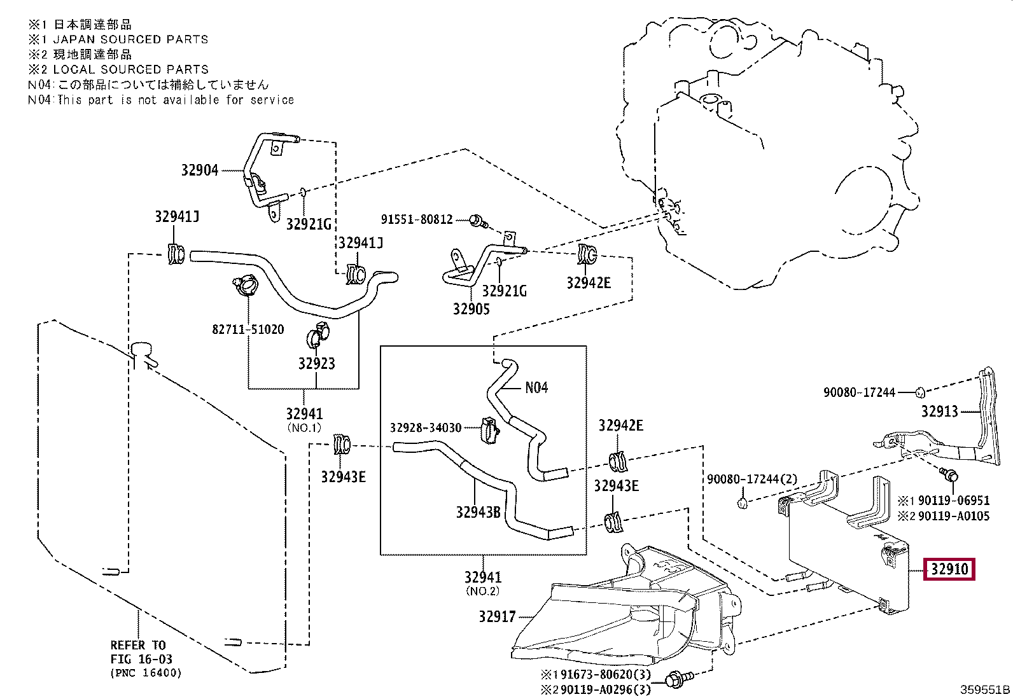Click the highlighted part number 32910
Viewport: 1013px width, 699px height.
pyautogui.click(x=949, y=569)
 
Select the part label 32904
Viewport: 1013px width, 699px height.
pyautogui.click(x=199, y=170)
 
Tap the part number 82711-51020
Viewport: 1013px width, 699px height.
pyautogui.click(x=248, y=329)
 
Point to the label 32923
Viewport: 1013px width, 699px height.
pyautogui.click(x=317, y=363)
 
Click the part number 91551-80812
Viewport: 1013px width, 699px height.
pyautogui.click(x=417, y=219)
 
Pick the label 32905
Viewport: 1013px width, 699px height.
pyautogui.click(x=472, y=309)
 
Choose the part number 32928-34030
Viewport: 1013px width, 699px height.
pyautogui.click(x=426, y=427)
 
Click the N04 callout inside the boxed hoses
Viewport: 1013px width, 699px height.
pyautogui.click(x=536, y=387)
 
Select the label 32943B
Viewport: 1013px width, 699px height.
pyautogui.click(x=478, y=512)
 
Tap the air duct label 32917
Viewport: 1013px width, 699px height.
pyautogui.click(x=498, y=617)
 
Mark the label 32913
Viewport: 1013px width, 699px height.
pyautogui.click(x=940, y=412)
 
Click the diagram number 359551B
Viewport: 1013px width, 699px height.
pyautogui.click(x=985, y=689)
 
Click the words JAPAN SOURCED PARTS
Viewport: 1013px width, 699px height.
pyautogui.click(x=130, y=39)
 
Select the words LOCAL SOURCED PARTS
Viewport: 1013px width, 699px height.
pyautogui.click(x=130, y=69)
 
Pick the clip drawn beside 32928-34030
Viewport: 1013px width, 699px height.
pyautogui.click(x=489, y=430)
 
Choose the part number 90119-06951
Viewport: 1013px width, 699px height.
pyautogui.click(x=954, y=501)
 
